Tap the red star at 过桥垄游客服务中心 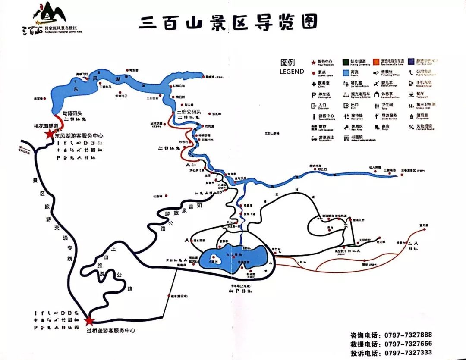(x=89, y=321)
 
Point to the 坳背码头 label (x=72, y=113)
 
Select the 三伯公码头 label (x=190, y=112)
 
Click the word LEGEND (x=292, y=72)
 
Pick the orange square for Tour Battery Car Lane (x=377, y=62)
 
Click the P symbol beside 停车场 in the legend (x=314, y=95)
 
